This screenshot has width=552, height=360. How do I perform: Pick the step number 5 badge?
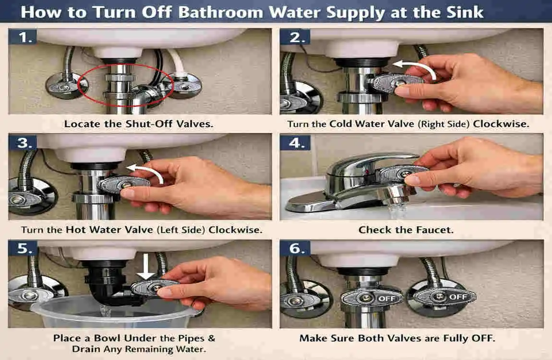pos(23,249)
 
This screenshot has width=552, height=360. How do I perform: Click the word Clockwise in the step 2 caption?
pos(501,124)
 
